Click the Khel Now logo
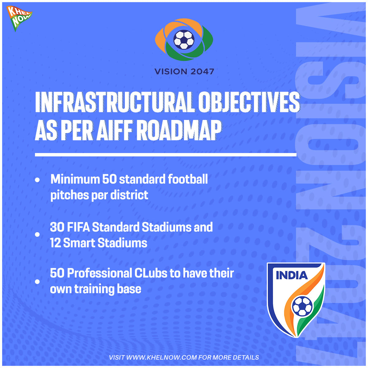coord(19,18)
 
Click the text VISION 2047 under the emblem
coord(184,72)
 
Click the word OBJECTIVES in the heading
coord(249,102)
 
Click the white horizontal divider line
coord(166,155)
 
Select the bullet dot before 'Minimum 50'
coord(37,180)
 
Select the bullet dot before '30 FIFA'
coord(37,235)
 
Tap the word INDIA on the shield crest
coord(292,275)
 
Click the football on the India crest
coord(302,306)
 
